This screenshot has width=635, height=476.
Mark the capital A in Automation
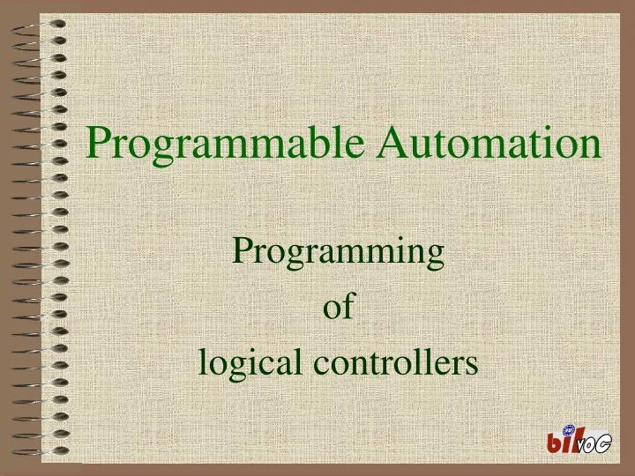393,143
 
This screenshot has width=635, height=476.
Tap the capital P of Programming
242,252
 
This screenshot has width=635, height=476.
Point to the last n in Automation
591,145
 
